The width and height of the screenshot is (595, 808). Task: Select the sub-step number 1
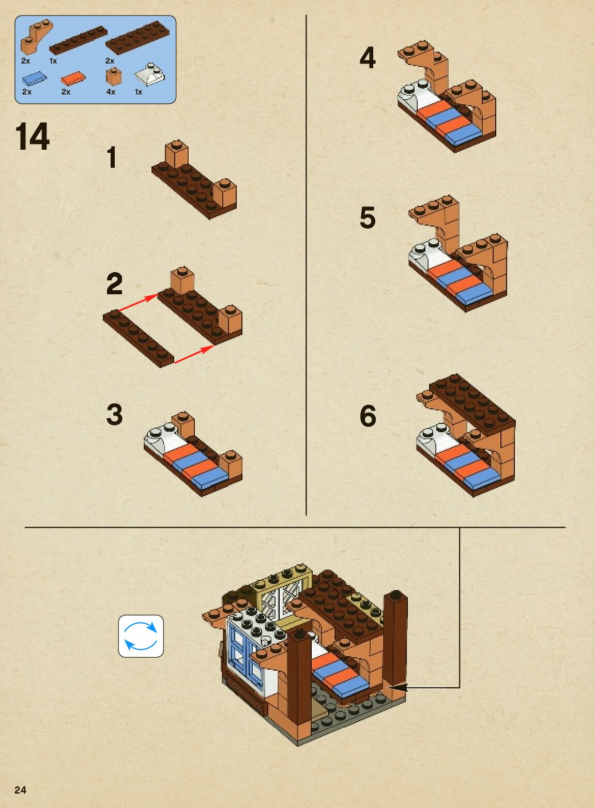pyautogui.click(x=112, y=157)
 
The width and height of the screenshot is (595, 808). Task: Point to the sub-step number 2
pyautogui.click(x=115, y=284)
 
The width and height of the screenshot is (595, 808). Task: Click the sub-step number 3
pyautogui.click(x=115, y=415)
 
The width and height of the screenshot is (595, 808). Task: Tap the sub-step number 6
pyautogui.click(x=368, y=416)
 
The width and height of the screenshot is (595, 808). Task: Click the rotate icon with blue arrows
pyautogui.click(x=141, y=636)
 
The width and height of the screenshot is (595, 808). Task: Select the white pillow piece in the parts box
pyautogui.click(x=150, y=75)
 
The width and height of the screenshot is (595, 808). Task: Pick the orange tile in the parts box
pyautogui.click(x=73, y=78)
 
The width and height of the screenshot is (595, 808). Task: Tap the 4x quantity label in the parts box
pyautogui.click(x=111, y=92)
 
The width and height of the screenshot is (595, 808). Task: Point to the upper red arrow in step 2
pyautogui.click(x=138, y=303)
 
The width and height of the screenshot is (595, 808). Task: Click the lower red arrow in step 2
pyautogui.click(x=194, y=354)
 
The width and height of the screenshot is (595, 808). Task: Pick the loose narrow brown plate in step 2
pyautogui.click(x=139, y=339)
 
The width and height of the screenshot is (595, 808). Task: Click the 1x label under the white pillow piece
pyautogui.click(x=139, y=92)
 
